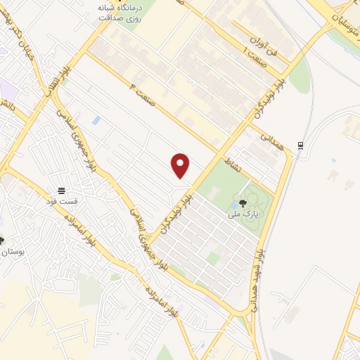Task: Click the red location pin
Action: pos(181,165)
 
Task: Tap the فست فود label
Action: pos(62,202)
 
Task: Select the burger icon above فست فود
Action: pos(62,191)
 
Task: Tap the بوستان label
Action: pos(13,251)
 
